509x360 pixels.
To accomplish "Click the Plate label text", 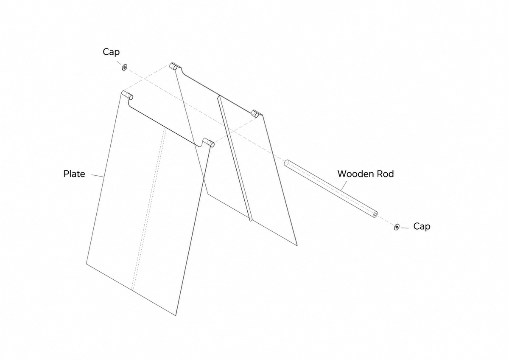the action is tap(74, 174).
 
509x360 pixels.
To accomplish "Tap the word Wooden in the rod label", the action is tap(355, 174).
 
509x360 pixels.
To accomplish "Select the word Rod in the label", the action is tap(386, 174).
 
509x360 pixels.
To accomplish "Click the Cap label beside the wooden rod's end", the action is tap(422, 227).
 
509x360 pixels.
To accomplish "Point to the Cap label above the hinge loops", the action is tap(111, 52).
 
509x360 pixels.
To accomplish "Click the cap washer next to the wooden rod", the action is tap(397, 227).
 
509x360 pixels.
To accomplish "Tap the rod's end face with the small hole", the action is tap(375, 214).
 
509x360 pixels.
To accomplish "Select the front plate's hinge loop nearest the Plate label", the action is tap(128, 95).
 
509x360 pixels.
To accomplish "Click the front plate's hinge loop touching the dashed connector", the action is tap(208, 142).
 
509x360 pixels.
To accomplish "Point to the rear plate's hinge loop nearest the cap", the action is tap(175, 66).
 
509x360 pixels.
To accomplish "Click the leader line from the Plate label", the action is tap(98, 176).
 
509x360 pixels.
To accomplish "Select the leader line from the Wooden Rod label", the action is tap(344, 186).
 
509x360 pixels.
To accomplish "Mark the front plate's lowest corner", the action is tap(176, 315).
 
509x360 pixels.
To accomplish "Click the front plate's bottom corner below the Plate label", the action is tap(87, 264).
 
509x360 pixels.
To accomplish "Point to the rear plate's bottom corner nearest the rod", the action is tap(297, 245).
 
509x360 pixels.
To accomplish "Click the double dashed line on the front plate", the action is tap(149, 209).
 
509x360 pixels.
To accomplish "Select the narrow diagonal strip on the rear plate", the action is tap(235, 158).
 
